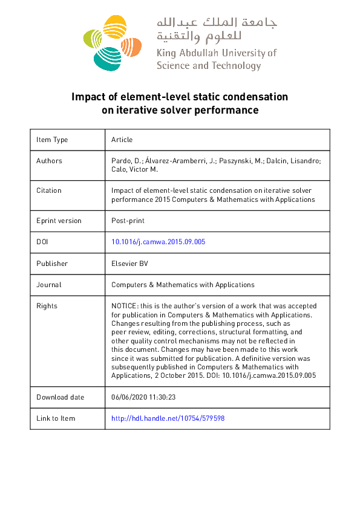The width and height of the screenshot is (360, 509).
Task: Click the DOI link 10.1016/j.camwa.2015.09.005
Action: [x=159, y=242]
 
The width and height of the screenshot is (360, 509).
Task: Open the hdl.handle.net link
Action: [x=168, y=418]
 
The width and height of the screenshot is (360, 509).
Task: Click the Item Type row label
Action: [x=52, y=140]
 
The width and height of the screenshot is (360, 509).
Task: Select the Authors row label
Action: [x=49, y=161]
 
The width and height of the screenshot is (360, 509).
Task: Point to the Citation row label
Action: [x=49, y=190]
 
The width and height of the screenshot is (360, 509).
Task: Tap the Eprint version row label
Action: [x=59, y=221]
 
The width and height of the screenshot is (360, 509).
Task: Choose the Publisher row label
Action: [x=52, y=264]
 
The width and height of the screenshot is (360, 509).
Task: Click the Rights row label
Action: [x=47, y=306]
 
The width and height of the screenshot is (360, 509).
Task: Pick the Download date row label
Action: [x=60, y=397]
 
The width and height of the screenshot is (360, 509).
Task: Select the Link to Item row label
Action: [x=56, y=418]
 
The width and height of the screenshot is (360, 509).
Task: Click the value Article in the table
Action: [x=122, y=140]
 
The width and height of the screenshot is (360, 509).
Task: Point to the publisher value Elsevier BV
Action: [x=129, y=264]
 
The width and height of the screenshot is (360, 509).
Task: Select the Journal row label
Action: [x=49, y=285]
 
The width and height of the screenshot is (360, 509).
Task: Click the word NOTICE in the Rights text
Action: [x=123, y=306]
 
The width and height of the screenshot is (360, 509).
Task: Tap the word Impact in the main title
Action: [x=87, y=97]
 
